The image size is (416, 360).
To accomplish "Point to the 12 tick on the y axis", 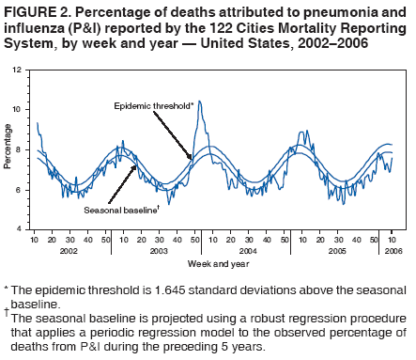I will click(x=20, y=70).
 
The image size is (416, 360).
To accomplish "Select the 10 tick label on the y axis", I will click(x=20, y=110).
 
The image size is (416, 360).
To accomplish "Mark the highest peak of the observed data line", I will click(x=199, y=102).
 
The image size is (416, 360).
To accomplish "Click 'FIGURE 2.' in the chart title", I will click(x=33, y=11).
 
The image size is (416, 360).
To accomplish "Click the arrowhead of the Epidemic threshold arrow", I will click(x=193, y=159).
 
